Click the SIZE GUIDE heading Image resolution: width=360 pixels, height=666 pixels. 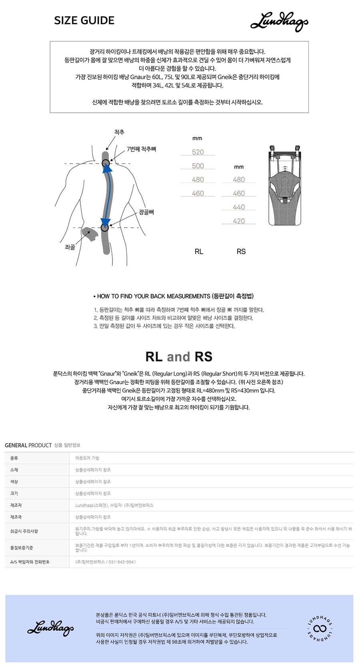pos(84,20)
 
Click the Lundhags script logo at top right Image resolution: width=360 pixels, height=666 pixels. pos(279,22)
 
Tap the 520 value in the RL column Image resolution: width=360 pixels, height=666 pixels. pos(198,152)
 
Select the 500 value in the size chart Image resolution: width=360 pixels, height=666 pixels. pos(198,166)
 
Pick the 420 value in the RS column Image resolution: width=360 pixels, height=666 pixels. pos(239,221)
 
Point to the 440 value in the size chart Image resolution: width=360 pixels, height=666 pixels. pos(239,207)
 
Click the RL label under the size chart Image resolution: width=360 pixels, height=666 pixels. pos(199,252)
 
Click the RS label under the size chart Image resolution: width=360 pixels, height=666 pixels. pos(241,252)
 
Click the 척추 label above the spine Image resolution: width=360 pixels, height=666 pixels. pos(119,132)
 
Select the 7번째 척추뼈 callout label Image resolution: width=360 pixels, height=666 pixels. pos(141,149)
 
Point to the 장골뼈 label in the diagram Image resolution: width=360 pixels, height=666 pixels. pos(146,212)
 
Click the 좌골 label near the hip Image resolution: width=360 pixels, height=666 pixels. pos(70,247)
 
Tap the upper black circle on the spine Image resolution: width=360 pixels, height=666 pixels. pos(106,163)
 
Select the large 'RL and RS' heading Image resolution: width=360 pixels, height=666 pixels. pos(179,356)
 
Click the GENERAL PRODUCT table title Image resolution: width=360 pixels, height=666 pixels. pos(28,445)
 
